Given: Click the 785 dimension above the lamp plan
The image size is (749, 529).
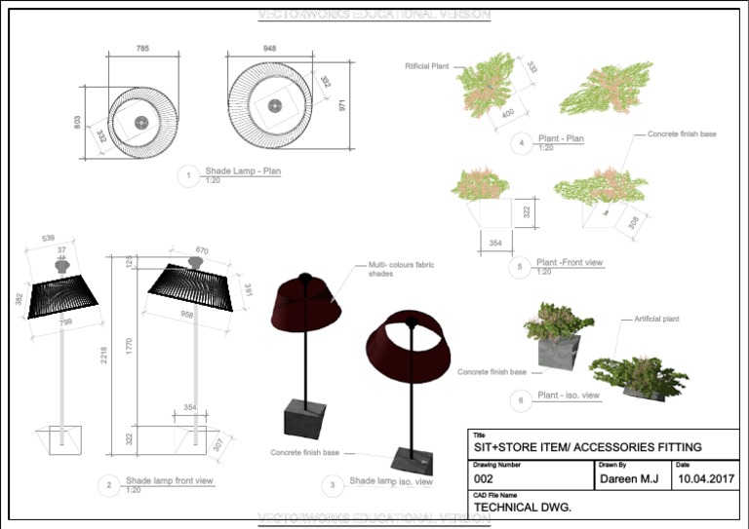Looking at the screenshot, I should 142,49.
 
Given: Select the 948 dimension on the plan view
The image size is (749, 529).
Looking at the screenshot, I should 269,48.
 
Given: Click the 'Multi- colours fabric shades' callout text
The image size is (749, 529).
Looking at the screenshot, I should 401,270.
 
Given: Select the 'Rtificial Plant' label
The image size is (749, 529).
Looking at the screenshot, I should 426,66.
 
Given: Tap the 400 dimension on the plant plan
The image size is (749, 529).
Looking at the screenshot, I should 508,115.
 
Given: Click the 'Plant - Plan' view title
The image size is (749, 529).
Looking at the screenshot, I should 561,139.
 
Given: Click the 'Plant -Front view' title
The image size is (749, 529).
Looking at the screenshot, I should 570,263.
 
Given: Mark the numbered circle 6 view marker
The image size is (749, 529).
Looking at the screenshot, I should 521,399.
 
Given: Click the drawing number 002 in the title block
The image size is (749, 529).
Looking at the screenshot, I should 484,479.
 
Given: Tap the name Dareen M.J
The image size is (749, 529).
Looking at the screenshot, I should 628,479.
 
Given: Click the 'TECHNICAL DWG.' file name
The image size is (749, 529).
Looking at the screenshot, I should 522,509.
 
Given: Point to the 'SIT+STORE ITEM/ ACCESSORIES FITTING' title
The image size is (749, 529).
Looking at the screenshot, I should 587,447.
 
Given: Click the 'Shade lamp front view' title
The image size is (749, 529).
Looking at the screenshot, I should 170,481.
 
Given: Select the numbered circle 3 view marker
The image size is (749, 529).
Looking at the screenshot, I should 333,484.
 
